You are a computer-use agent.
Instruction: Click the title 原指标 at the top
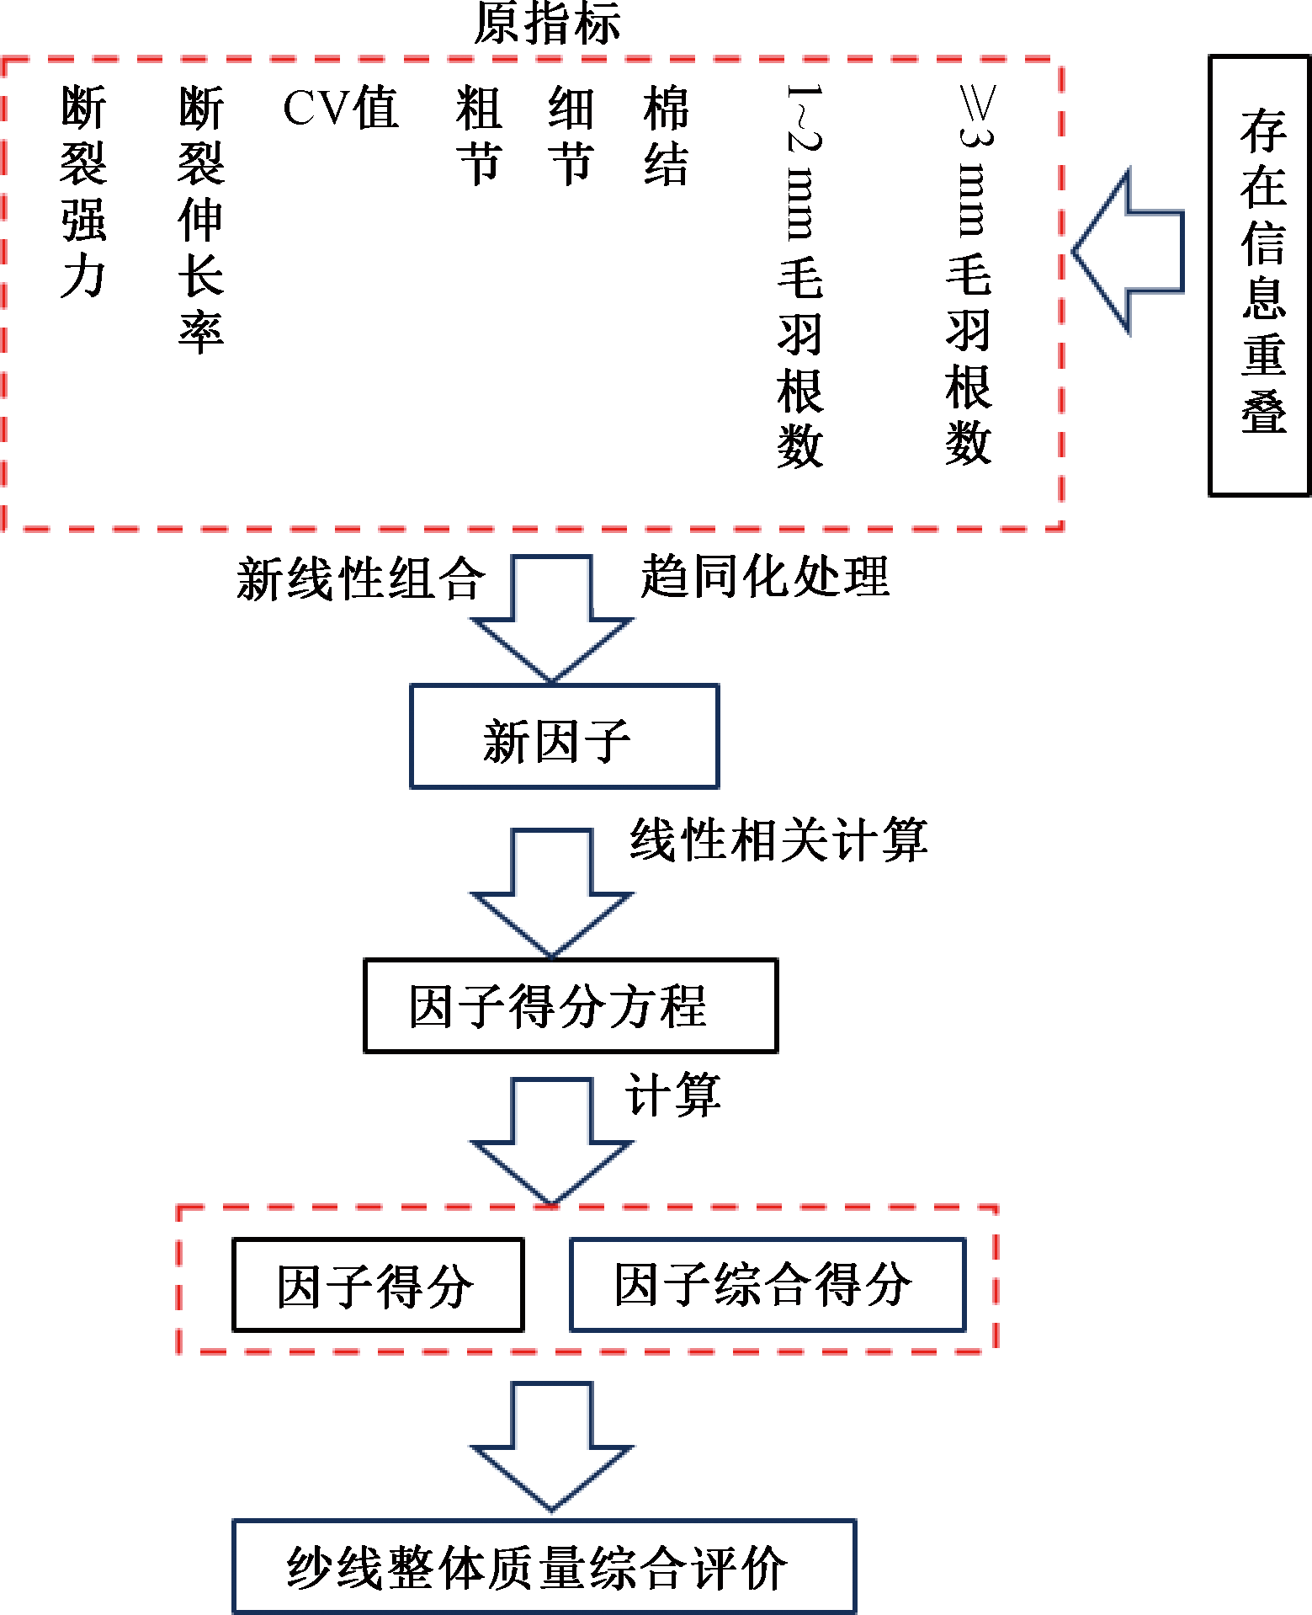point(547,23)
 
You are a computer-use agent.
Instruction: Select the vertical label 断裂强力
point(83,192)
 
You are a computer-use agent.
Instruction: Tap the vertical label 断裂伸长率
point(201,219)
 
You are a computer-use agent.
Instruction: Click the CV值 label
point(340,109)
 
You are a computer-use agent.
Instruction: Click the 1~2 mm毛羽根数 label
point(800,276)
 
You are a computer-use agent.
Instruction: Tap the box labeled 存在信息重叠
point(1260,276)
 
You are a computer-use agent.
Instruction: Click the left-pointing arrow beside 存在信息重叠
point(1128,252)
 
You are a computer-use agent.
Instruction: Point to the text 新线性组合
point(360,579)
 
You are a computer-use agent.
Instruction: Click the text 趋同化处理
point(764,578)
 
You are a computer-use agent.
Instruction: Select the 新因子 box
point(564,737)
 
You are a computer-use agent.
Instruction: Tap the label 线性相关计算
point(778,840)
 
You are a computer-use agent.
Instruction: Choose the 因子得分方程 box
point(570,1005)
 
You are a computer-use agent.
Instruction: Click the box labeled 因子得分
point(378,1285)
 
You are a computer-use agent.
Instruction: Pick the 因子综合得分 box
point(767,1285)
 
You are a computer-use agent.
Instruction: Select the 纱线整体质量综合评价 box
point(544,1567)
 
